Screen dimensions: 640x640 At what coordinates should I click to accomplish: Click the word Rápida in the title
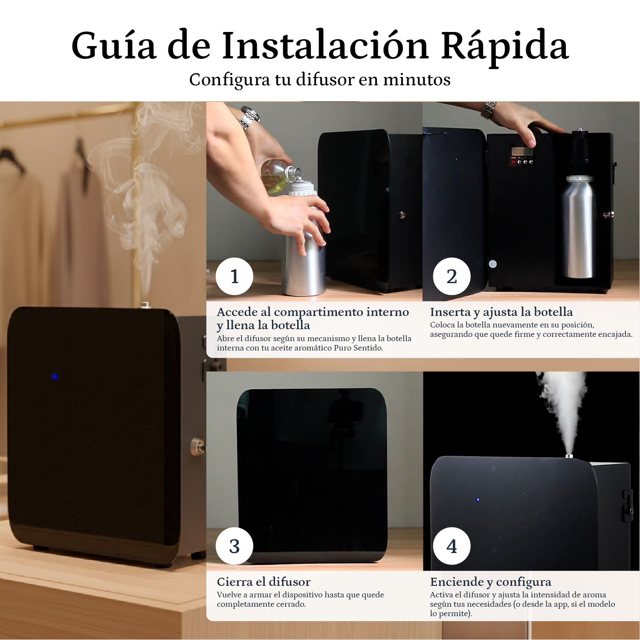tap(504, 46)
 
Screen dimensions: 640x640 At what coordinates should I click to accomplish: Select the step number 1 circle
tap(234, 276)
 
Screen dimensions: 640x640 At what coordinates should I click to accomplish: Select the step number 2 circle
tap(452, 276)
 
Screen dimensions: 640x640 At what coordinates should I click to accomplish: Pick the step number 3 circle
tap(234, 546)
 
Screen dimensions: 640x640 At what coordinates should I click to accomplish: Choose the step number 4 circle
tap(452, 546)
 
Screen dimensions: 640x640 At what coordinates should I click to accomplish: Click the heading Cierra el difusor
tap(264, 582)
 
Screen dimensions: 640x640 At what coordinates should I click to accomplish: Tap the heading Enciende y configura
tap(490, 582)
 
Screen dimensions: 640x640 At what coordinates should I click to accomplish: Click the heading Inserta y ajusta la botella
tap(501, 312)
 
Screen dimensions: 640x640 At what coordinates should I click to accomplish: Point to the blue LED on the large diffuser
tap(54, 376)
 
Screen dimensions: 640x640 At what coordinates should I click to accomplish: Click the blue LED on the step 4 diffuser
tap(478, 499)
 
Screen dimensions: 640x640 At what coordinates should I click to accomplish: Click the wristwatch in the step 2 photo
tap(490, 109)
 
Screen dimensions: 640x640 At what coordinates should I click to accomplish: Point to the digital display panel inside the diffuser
tap(523, 152)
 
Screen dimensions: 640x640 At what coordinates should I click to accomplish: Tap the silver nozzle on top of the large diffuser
tap(145, 304)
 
